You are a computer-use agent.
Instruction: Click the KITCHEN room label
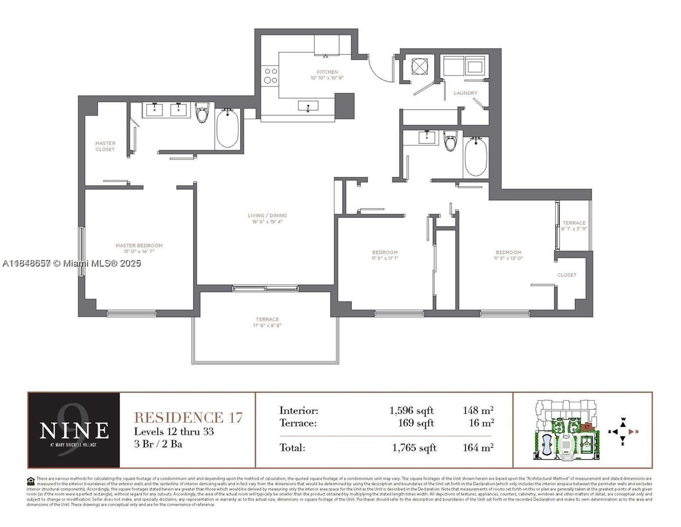tap(327, 72)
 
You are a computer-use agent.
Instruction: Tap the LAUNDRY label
tap(465, 93)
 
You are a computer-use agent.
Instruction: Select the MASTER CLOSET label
tap(105, 146)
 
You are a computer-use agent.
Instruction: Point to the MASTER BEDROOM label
tap(139, 245)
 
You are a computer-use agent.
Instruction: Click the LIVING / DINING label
tap(267, 215)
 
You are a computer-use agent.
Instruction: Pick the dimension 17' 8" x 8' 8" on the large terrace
tap(267, 326)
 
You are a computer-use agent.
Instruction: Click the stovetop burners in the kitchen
tap(270, 75)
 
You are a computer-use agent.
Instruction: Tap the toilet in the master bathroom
tap(202, 113)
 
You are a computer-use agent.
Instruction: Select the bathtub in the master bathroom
tap(227, 128)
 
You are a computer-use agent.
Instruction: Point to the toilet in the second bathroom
tap(450, 140)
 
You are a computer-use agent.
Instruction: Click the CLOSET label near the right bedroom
tap(567, 275)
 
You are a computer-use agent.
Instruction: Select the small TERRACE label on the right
tap(574, 223)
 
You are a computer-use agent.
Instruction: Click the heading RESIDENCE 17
tap(188, 417)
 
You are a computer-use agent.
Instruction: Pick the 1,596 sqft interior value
tap(411, 411)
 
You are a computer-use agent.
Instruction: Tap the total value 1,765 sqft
tap(414, 448)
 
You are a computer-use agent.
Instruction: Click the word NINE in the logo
tap(74, 430)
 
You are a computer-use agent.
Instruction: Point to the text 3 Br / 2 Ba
tap(158, 444)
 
